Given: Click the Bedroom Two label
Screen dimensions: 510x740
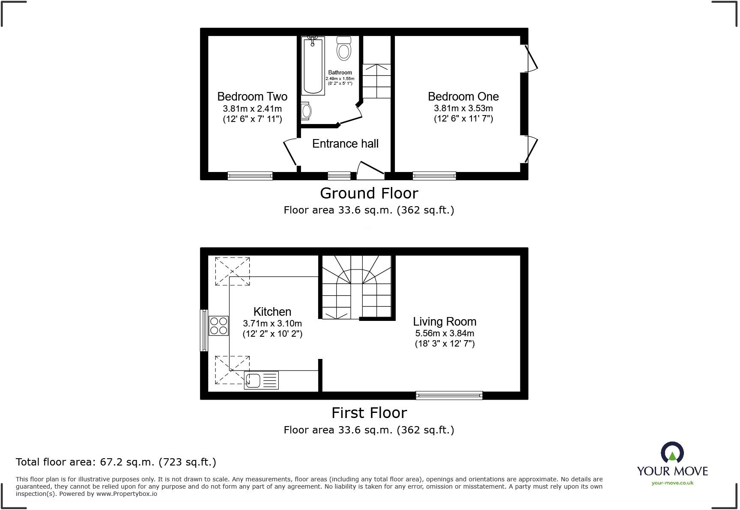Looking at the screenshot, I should (x=252, y=97).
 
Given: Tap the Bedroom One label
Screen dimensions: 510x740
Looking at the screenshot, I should (x=463, y=97).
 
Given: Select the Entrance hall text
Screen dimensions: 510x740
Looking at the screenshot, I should (x=345, y=144).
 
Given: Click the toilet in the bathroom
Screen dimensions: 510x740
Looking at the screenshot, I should (x=344, y=48).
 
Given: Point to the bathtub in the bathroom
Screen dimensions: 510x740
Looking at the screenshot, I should (x=313, y=65).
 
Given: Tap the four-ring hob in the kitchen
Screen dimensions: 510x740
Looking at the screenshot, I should (x=218, y=326).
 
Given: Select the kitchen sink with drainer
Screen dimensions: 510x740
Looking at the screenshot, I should (x=261, y=380).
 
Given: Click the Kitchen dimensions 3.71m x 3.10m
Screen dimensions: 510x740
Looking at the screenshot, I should (x=272, y=323).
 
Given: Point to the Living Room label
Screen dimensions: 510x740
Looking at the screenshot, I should (x=445, y=322).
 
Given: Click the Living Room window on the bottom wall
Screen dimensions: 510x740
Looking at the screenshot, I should (x=449, y=396).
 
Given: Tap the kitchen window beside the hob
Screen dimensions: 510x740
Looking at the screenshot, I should (x=204, y=330).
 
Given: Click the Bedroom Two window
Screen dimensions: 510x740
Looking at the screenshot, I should (x=250, y=176).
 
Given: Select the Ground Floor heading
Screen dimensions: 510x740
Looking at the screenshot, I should (x=369, y=193).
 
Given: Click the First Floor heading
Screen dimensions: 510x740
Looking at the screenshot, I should (x=369, y=413).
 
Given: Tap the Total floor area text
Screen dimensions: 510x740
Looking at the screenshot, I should (x=116, y=462).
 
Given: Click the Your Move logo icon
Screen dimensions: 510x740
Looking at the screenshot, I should (x=672, y=453).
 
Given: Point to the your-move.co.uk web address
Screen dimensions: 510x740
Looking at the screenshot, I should (x=672, y=483).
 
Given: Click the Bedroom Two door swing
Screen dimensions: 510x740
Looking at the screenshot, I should (x=290, y=152).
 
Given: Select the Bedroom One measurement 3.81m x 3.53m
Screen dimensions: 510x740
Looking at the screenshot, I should (x=463, y=109).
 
